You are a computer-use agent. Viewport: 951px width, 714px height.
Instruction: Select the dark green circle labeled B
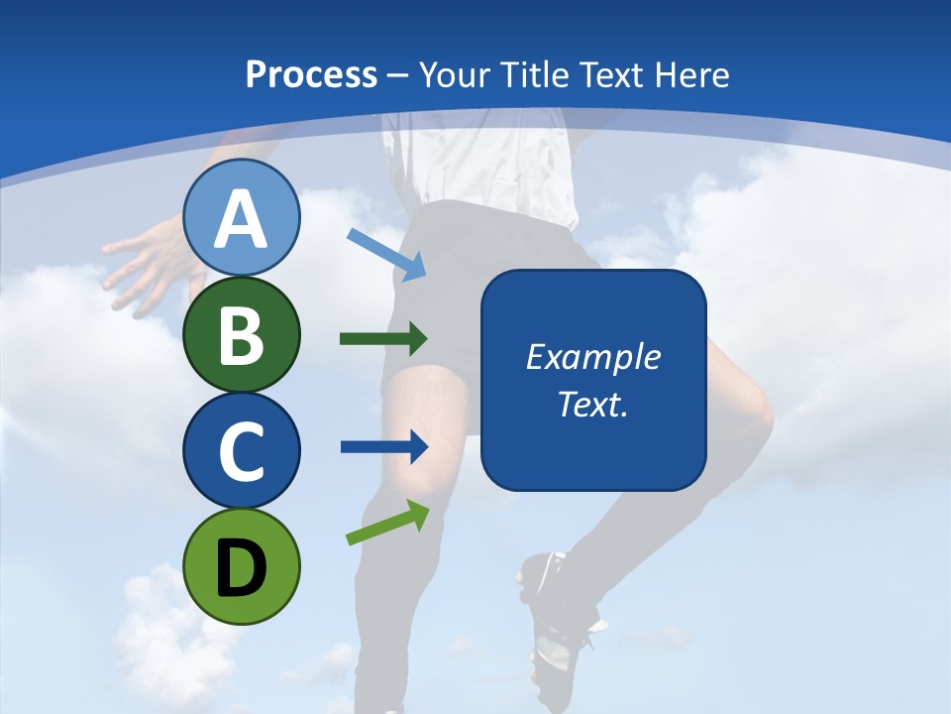click(242, 334)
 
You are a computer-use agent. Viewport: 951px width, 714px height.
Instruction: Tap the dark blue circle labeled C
click(242, 450)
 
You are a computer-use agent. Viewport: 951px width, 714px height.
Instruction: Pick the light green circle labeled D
click(242, 566)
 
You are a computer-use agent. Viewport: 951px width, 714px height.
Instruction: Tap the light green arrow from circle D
click(387, 523)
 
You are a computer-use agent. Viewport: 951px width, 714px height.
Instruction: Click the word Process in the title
click(312, 74)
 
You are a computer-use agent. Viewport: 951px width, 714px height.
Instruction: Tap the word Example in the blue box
click(592, 357)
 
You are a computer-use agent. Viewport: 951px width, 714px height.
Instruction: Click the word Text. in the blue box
click(592, 404)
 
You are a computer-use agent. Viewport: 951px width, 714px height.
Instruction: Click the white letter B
click(242, 335)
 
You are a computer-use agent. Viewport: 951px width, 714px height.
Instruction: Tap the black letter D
click(242, 567)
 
